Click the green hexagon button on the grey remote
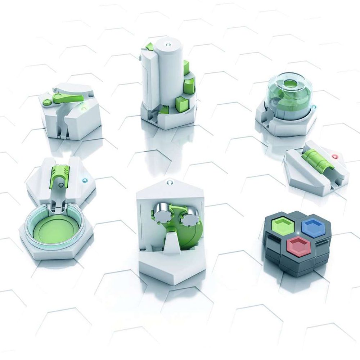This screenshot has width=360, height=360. [283, 225]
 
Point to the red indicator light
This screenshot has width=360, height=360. [336, 157]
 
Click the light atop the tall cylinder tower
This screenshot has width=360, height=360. [168, 45]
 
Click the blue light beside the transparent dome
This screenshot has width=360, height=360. [314, 107]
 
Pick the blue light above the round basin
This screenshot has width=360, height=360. [85, 179]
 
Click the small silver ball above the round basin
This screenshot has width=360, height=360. [62, 185]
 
